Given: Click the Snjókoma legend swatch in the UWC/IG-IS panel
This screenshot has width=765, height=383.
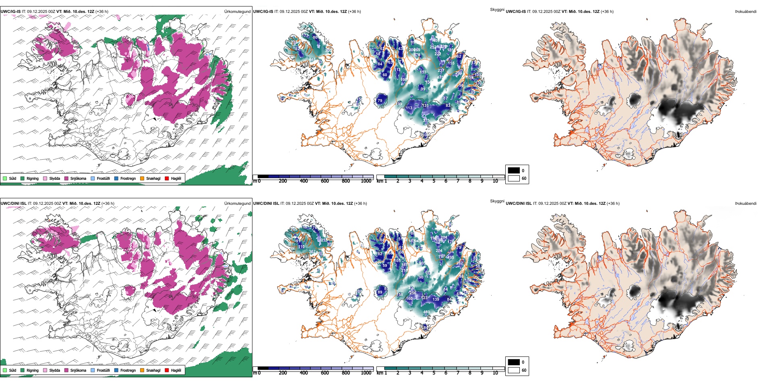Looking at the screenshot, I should point(66,178).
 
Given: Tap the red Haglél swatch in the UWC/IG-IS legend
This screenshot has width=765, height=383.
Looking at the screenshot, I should point(167,178).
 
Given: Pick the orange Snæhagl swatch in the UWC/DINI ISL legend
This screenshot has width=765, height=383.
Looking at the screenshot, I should point(142,370).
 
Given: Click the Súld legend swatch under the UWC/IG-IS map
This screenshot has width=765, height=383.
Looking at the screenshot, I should point(5,178).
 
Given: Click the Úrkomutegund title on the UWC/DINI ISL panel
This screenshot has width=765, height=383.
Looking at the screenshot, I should point(237,204).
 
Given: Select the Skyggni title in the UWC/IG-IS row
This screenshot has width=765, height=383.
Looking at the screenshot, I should point(497,9).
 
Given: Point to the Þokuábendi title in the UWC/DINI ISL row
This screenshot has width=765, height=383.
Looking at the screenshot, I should point(746,204).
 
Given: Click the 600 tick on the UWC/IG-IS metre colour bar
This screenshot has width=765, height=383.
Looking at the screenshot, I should point(325,181).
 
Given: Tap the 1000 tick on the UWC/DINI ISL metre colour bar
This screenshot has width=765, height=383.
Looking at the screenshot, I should point(366,373).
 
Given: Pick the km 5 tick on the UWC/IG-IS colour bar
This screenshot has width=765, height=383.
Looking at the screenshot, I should point(434,181).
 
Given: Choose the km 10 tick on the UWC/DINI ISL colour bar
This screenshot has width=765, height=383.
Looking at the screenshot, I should point(495,373).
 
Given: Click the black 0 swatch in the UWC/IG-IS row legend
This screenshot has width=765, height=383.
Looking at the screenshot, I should point(514,171).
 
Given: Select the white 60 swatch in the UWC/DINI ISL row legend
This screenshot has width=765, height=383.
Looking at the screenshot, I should point(514,370).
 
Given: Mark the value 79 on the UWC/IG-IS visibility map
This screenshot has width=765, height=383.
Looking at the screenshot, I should point(380,101).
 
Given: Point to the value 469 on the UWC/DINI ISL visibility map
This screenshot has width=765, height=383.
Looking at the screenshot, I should point(426,312).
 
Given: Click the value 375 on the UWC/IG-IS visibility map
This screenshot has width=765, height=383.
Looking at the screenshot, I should point(426,121).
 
